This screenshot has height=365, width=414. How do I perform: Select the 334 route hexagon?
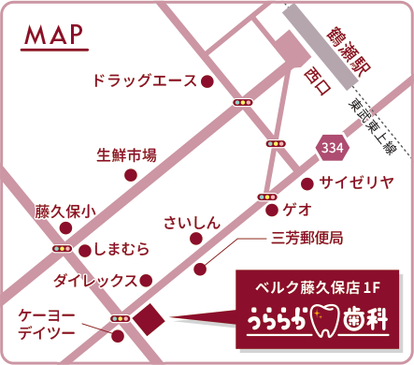pyautogui.click(x=330, y=147)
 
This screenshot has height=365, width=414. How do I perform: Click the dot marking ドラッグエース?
pyautogui.click(x=207, y=81)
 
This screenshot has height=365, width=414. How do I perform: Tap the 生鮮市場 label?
pyautogui.click(x=126, y=154)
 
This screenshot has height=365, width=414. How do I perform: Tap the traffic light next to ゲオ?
pyautogui.click(x=265, y=197)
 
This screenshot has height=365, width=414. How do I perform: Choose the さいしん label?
pyautogui.click(x=192, y=222)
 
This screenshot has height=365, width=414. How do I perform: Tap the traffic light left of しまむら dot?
pyautogui.click(x=64, y=248)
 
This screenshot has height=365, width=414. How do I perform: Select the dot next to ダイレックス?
pyautogui.click(x=146, y=279)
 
